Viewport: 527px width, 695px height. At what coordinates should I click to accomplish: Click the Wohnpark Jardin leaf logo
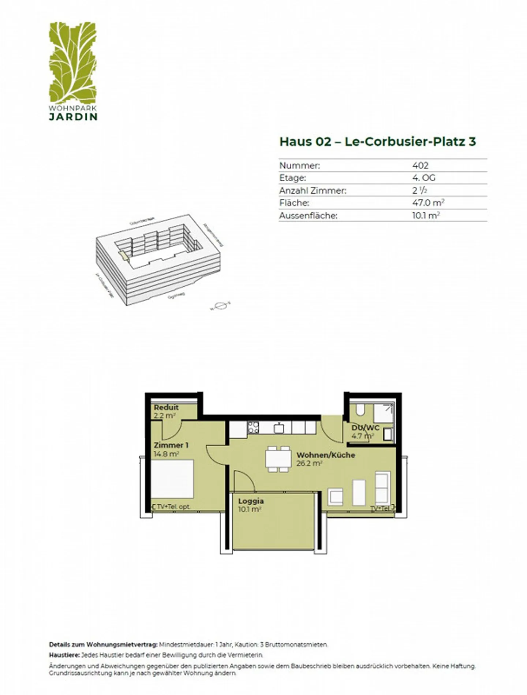[73, 62]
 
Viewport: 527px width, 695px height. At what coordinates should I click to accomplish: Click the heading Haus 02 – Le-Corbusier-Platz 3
[377, 142]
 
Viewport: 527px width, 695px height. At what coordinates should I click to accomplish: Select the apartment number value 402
[420, 166]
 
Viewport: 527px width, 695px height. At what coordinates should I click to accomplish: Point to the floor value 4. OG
[423, 178]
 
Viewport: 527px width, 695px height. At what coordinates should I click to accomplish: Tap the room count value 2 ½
[419, 190]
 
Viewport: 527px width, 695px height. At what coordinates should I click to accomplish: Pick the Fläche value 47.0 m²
[428, 203]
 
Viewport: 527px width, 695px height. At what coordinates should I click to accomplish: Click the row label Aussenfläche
[308, 216]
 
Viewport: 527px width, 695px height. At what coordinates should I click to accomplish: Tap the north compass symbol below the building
[220, 305]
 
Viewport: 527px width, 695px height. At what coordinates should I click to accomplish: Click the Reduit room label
[166, 407]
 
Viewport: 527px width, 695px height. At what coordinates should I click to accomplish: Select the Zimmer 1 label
[171, 445]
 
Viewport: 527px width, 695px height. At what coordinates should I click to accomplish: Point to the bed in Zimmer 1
[172, 478]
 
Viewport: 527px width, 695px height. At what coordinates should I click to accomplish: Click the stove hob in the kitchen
[253, 427]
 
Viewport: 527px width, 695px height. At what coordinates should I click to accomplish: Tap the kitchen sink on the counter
[279, 427]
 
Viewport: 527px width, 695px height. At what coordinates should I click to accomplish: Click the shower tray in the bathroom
[384, 413]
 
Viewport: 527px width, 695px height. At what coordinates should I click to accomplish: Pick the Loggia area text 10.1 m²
[249, 509]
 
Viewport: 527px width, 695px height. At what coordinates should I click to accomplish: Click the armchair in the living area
[335, 497]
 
